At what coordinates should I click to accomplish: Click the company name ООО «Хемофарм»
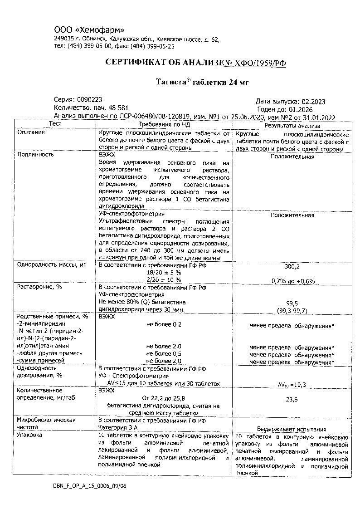[x=89, y=30]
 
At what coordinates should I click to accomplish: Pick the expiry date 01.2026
[x=298, y=110]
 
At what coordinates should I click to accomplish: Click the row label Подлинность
[x=35, y=154]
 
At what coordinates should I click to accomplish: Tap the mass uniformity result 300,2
[x=292, y=267]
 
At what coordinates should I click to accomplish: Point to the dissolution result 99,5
[x=292, y=303]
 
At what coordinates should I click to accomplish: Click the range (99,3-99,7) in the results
[x=292, y=310]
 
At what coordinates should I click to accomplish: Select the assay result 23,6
[x=292, y=400]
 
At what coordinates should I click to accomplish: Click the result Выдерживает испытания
[x=292, y=429]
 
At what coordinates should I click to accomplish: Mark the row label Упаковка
[x=29, y=435]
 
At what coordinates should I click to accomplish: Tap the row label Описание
[x=31, y=132]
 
